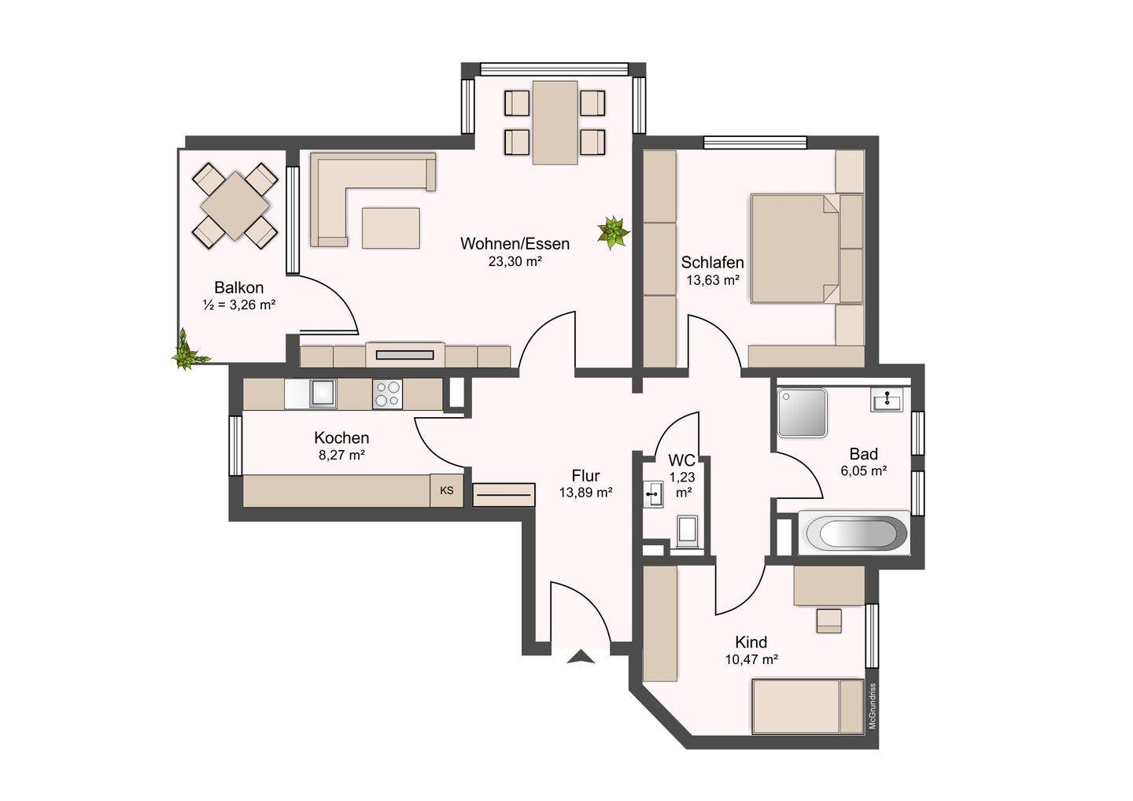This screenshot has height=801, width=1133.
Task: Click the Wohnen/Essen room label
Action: tap(515, 244)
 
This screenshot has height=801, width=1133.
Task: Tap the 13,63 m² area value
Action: tap(713, 279)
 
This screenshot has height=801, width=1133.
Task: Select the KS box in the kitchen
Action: tap(446, 490)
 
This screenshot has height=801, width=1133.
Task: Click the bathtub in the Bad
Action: tap(853, 533)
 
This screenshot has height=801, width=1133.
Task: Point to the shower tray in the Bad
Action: tap(803, 412)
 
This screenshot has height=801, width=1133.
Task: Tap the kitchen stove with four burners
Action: tap(387, 394)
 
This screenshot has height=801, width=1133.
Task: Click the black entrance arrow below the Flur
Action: tap(580, 656)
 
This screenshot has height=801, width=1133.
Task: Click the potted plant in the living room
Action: tap(613, 233)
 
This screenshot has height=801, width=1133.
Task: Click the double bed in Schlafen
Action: tap(806, 249)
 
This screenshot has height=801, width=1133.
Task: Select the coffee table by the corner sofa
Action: tap(390, 227)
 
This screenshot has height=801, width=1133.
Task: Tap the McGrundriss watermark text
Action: tap(872, 707)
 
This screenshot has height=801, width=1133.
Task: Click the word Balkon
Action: tap(238, 287)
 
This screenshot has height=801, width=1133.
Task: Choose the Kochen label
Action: tap(341, 437)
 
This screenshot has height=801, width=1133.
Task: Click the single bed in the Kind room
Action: tap(808, 707)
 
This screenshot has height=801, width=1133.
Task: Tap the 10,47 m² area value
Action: tap(751, 659)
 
